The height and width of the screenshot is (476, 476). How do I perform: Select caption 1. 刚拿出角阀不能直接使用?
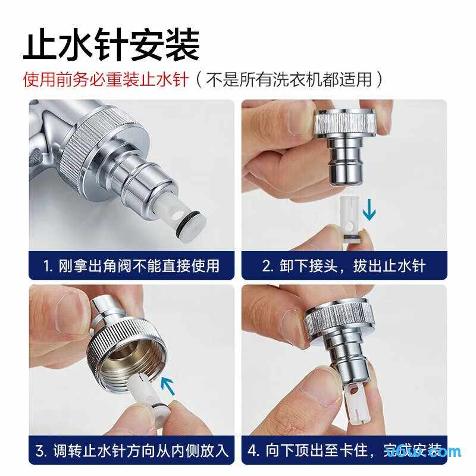(x=131, y=265)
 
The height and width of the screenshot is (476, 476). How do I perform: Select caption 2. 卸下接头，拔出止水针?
(x=344, y=265)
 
